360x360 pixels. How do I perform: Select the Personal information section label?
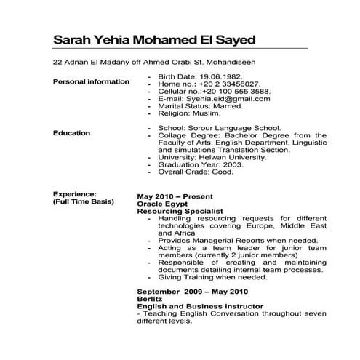(x=91, y=81)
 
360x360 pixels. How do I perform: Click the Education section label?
(x=72, y=133)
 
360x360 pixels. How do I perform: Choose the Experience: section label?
(x=75, y=194)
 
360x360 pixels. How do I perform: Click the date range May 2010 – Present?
(x=175, y=196)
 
